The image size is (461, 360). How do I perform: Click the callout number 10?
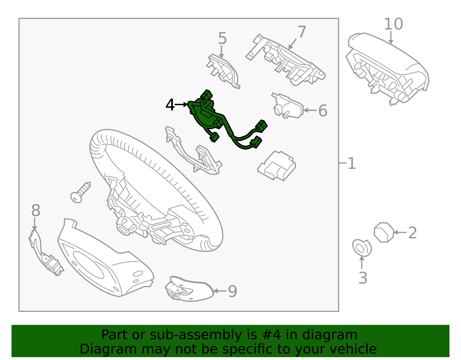point(393,24)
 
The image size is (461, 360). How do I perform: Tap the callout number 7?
point(302,32)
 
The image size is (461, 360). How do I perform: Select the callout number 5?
point(222,38)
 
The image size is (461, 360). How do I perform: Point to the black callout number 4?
point(170,105)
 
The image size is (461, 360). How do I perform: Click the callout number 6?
point(323,110)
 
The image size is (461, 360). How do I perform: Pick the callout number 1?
point(352,163)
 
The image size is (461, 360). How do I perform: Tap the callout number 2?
point(412,233)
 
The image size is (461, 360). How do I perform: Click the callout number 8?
point(36,210)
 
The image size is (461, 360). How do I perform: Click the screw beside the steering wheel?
point(81,193)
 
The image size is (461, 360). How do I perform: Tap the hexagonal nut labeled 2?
point(384,232)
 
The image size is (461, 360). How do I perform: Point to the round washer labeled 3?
point(362,248)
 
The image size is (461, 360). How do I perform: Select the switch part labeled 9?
point(189,289)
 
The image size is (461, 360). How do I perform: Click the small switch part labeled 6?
point(288,105)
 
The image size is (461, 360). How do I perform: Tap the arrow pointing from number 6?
point(310,110)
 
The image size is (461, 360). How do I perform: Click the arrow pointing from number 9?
point(220,291)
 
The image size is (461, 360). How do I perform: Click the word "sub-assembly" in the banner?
point(196,335)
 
